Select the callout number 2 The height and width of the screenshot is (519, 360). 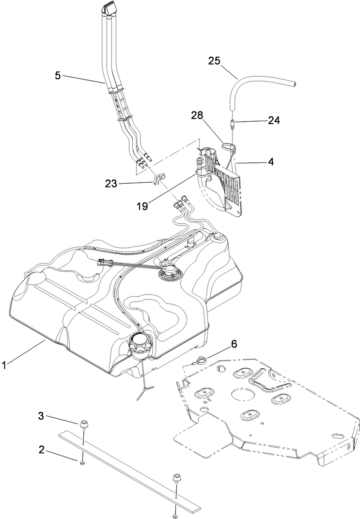click(x=42, y=450)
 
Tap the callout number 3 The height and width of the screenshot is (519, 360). click(x=42, y=416)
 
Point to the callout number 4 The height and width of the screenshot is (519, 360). click(x=270, y=162)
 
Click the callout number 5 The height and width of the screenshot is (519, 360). click(x=58, y=75)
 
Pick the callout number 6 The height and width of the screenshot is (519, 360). click(x=234, y=344)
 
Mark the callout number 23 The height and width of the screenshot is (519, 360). click(x=112, y=183)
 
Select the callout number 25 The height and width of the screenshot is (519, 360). click(x=214, y=61)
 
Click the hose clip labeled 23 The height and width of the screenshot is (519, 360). click(x=157, y=180)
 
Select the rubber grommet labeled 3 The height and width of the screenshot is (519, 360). click(x=84, y=425)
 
